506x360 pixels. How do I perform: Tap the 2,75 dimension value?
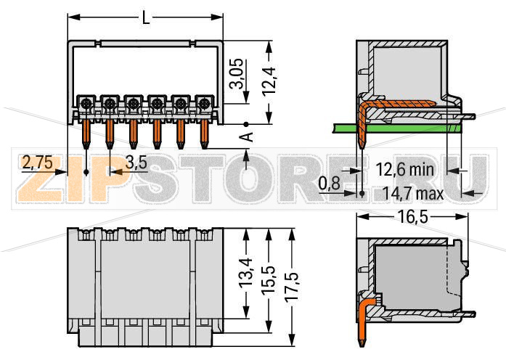tap(37, 163)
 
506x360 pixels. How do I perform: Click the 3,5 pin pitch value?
tap(136, 163)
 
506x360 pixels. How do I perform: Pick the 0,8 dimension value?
tap(330, 184)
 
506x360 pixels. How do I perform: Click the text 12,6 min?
tap(404, 170)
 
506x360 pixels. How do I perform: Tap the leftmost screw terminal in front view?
tap(86, 103)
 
